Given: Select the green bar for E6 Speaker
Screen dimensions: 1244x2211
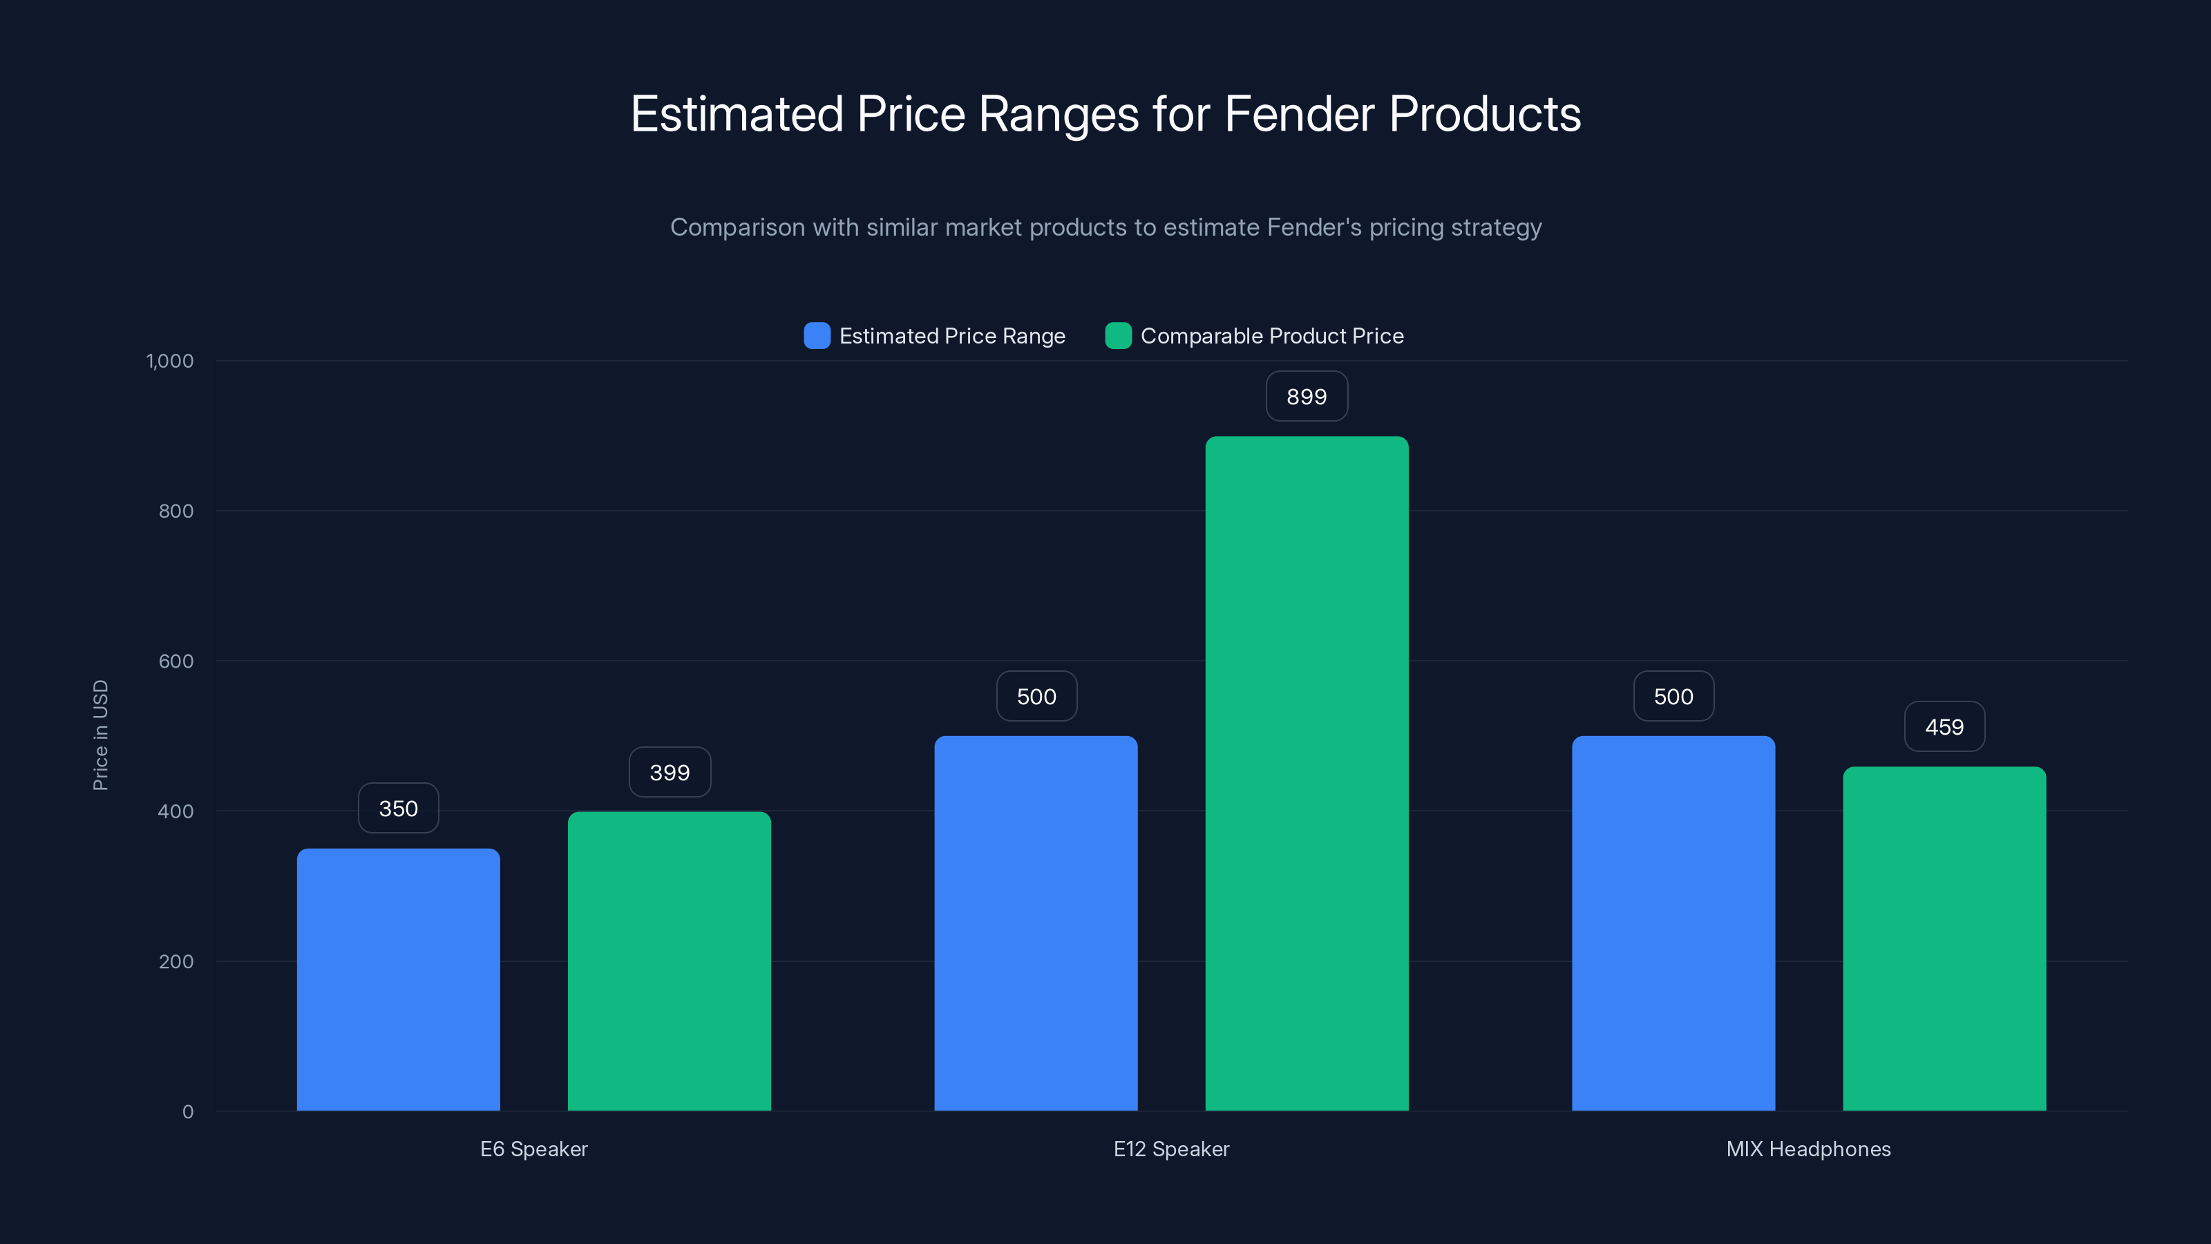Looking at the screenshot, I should click(669, 961).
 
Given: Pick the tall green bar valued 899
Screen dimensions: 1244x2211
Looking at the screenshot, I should click(1307, 773).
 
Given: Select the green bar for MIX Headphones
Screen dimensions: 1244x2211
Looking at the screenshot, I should click(1944, 939).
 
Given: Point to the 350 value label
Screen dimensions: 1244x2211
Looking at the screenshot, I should click(398, 808).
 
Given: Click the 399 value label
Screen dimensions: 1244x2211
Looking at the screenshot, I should click(670, 772).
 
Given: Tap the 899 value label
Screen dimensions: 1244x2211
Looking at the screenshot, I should click(1307, 396).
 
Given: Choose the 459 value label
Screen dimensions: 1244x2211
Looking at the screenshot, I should click(1944, 726).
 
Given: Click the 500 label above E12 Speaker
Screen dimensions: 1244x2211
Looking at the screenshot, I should click(1036, 695).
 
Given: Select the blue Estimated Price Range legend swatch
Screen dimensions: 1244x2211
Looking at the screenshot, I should click(816, 336).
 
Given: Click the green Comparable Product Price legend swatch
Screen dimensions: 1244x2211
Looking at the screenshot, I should click(1117, 336).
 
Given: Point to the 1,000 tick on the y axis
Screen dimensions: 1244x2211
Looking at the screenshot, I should click(170, 361).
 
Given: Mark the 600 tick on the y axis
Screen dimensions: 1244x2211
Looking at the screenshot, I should click(176, 661).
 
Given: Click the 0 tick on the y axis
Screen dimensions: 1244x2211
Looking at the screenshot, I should click(187, 1112).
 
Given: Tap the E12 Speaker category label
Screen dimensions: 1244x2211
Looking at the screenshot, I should click(1170, 1149).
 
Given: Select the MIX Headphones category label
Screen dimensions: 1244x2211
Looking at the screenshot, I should click(1807, 1149).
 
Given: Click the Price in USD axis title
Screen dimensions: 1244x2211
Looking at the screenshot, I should click(100, 735).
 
